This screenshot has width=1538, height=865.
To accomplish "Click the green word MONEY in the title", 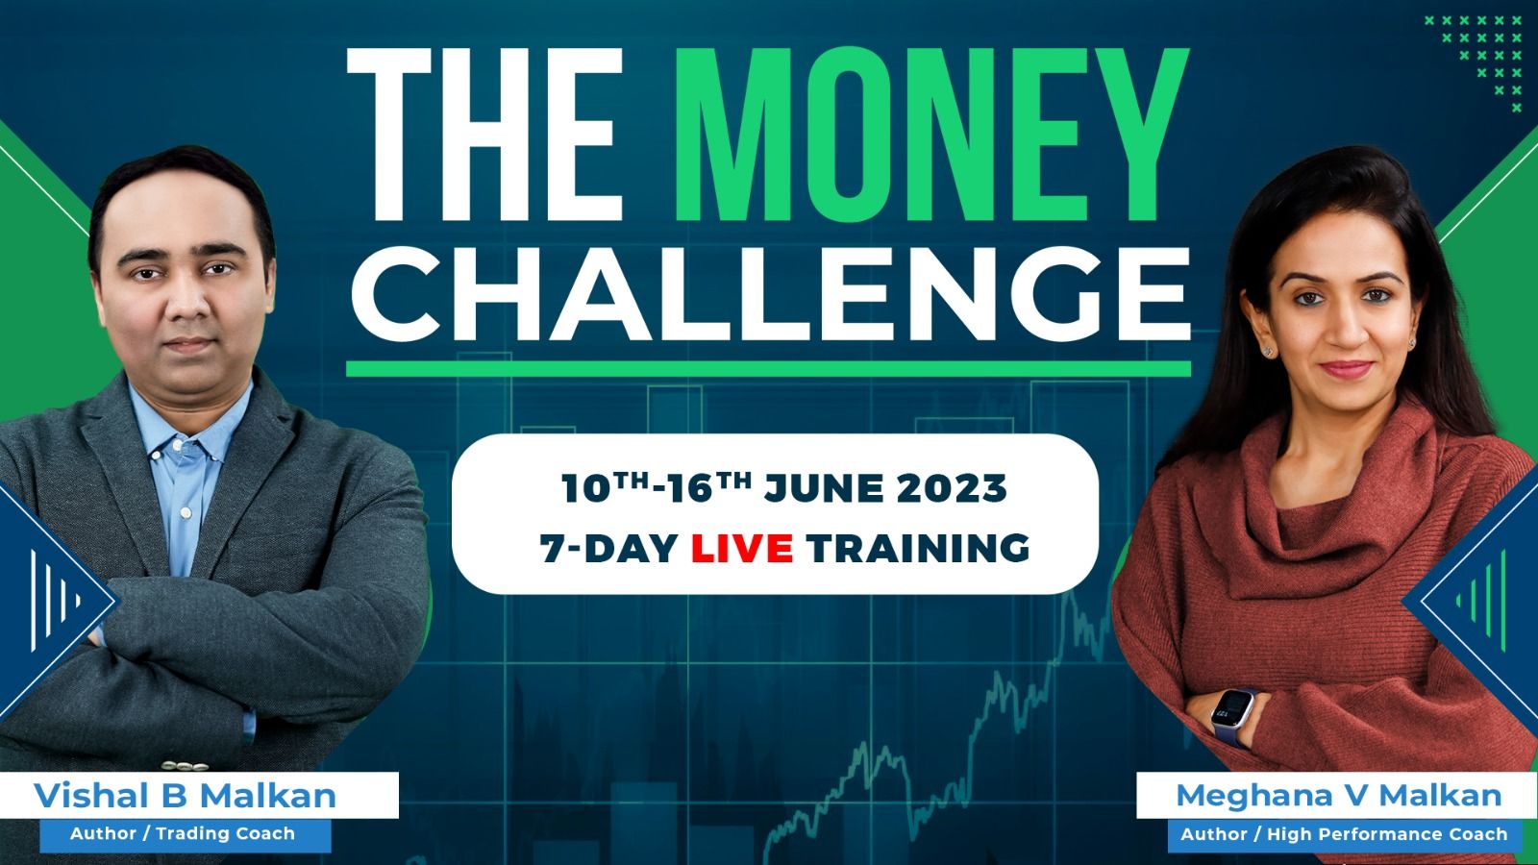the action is pos(932,135).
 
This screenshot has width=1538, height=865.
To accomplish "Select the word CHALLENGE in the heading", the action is pos(770,294).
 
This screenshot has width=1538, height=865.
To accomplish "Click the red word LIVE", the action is pos(741,548).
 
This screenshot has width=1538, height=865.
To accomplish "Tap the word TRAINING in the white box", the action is pos(918,548).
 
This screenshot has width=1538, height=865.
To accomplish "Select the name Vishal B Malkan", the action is pos(185,796).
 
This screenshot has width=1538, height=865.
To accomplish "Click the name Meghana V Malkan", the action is pos(1338,796).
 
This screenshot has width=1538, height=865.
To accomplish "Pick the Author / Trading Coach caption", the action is pos(182,833).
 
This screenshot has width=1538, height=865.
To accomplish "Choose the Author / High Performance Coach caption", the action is pos(1344,834).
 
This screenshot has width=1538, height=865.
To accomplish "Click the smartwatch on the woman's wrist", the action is pos(1231,715).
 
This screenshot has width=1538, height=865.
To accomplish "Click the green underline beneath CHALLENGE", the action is pos(768,369).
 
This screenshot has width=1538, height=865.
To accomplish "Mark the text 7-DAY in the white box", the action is pos(609,548).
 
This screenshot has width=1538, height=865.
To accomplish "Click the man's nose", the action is pos(186,302).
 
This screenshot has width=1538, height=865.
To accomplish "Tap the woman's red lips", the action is pos(1346,369).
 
